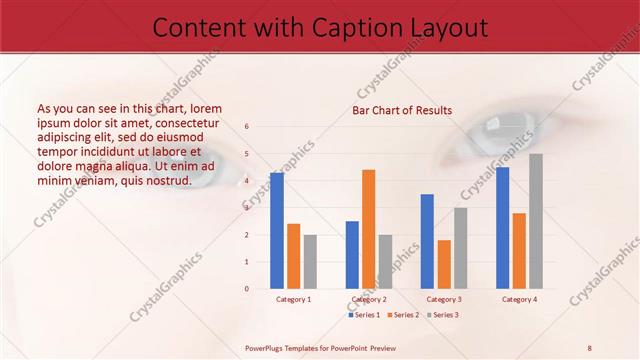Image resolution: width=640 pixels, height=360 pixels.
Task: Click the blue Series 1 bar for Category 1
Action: (x=277, y=231)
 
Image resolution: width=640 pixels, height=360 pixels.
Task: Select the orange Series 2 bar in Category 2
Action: (x=368, y=229)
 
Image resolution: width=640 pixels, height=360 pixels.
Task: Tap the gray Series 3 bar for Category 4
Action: (x=536, y=221)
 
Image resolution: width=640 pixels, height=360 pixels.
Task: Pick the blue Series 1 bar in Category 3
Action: (x=427, y=241)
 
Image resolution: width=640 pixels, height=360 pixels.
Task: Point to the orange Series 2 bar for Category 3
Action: (x=444, y=264)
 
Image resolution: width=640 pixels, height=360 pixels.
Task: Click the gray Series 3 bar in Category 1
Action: (x=311, y=261)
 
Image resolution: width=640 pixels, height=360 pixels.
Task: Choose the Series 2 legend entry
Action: (x=403, y=315)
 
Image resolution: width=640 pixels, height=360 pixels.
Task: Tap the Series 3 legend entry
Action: (x=440, y=315)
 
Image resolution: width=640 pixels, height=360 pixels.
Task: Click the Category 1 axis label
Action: (x=294, y=299)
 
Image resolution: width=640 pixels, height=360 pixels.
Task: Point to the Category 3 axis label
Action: (x=444, y=299)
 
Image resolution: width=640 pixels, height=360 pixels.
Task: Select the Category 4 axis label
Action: (x=519, y=299)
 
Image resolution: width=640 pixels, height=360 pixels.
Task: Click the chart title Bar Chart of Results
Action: (x=402, y=110)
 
